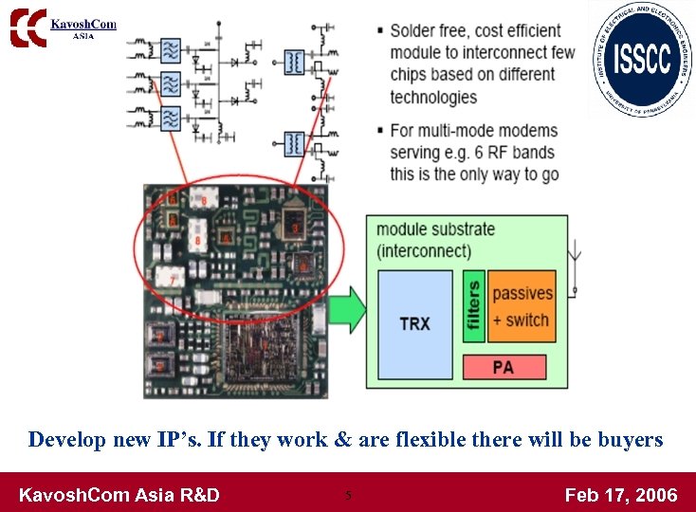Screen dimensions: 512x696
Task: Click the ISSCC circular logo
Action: [642, 59]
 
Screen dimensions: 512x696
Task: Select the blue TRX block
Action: [414, 323]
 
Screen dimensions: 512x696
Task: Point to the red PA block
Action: [504, 367]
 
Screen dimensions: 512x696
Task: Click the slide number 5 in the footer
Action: [348, 494]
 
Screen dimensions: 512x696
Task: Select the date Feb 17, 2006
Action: [621, 494]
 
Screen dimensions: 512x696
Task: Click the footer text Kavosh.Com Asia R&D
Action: [119, 494]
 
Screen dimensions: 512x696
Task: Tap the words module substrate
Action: [435, 229]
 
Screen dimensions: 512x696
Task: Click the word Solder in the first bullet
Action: [414, 31]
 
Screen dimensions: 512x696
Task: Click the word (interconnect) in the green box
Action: [423, 251]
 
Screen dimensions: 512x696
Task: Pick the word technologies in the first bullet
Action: [433, 97]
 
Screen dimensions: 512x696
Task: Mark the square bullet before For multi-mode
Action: [380, 131]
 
